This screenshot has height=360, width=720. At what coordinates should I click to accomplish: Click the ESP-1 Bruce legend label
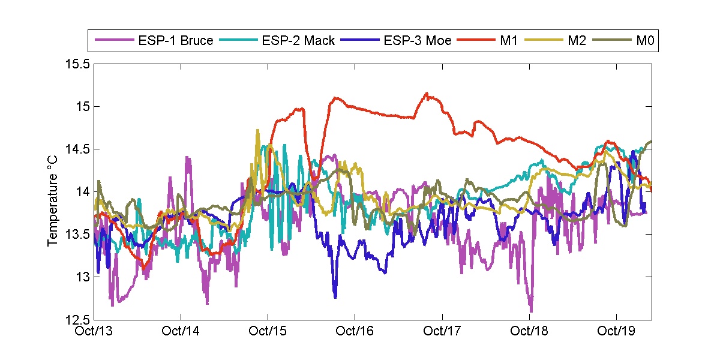(x=175, y=41)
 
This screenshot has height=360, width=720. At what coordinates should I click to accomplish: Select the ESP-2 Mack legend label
(x=298, y=41)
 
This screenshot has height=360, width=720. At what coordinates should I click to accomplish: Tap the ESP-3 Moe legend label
(x=418, y=41)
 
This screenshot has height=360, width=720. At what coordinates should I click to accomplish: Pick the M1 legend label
(x=508, y=41)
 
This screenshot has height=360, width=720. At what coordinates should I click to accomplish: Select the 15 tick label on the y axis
(x=82, y=107)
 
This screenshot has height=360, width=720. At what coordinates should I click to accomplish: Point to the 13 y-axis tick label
(x=82, y=277)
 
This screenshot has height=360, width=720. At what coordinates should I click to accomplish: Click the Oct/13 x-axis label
(x=93, y=332)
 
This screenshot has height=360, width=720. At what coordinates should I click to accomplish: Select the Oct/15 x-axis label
(x=268, y=332)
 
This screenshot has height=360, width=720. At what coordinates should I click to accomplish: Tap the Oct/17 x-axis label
(x=442, y=332)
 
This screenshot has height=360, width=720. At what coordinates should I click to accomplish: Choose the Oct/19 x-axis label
(x=617, y=332)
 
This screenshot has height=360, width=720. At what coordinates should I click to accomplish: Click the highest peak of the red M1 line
(x=427, y=93)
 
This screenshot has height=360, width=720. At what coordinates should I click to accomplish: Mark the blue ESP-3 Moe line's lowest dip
(x=335, y=297)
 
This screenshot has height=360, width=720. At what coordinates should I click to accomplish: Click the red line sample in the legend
(x=472, y=41)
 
